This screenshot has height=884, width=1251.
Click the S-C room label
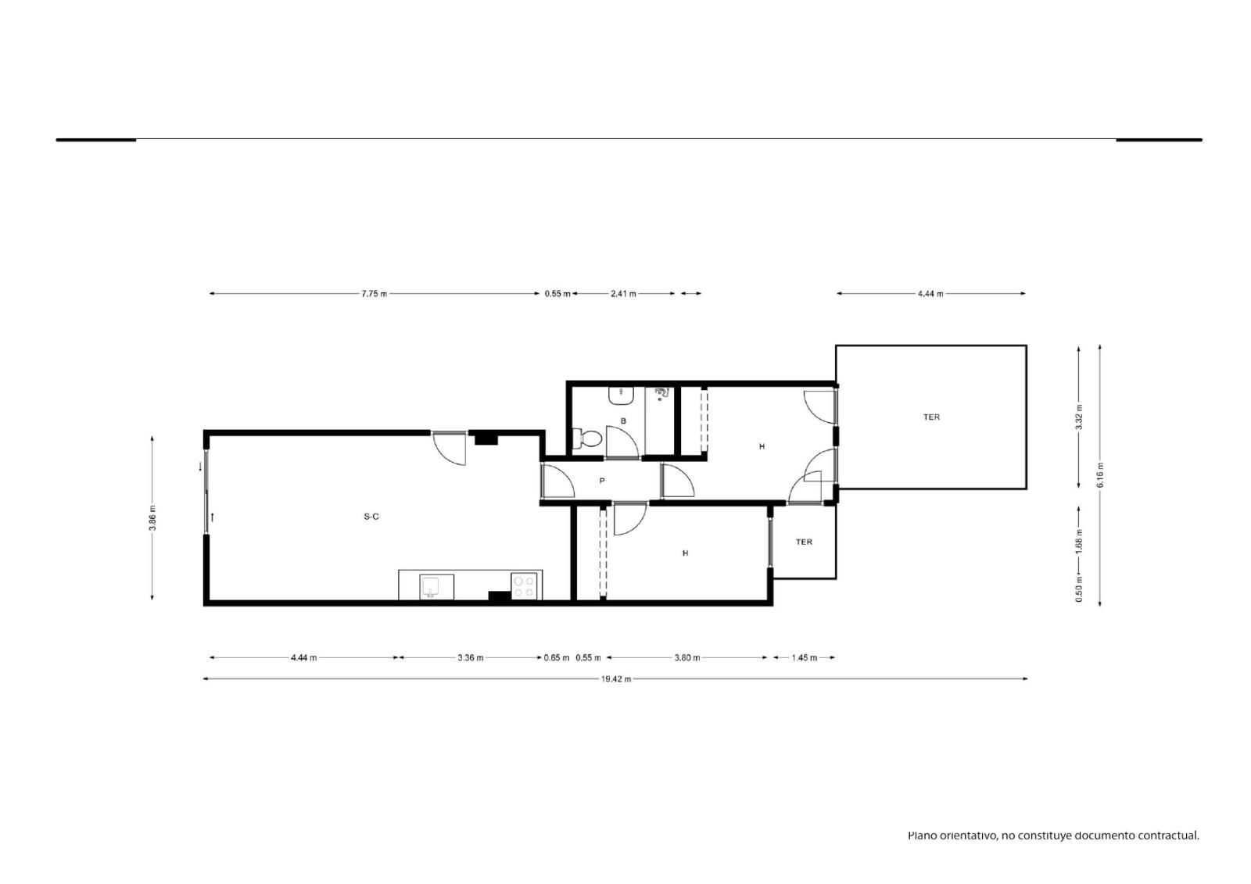371,517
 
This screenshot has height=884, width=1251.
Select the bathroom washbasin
621,396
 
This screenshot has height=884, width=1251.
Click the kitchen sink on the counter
431,586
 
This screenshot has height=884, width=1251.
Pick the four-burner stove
524,586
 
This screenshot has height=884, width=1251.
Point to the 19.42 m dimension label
616,679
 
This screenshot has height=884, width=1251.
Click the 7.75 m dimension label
375,294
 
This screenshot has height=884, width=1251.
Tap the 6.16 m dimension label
1100,474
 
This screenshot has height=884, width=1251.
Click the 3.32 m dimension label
1079,417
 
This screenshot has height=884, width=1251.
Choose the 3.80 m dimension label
687,658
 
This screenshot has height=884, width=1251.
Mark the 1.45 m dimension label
805,658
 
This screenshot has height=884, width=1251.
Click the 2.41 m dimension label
623,294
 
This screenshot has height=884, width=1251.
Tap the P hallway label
601,480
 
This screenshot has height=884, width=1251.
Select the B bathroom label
623,421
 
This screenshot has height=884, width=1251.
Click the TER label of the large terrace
931,417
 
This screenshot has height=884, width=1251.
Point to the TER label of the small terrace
804,542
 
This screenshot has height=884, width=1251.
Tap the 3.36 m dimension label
470,658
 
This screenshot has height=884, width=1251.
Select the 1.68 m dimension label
1079,541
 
